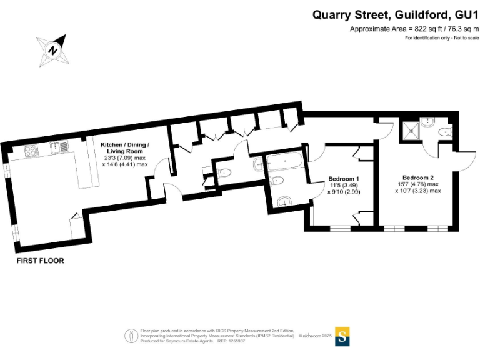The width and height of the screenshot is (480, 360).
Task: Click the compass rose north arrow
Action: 54,50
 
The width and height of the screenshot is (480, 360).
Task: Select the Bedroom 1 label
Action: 343,179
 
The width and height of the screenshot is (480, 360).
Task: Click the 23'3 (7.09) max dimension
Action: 125,157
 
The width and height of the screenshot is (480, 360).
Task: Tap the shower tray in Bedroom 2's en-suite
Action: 409,129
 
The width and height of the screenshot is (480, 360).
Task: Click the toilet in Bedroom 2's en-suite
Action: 444,132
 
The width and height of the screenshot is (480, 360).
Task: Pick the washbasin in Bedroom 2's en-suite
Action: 427,121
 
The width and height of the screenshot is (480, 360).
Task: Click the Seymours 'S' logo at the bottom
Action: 342,336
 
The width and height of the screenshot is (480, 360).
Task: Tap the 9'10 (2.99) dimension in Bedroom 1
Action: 344,192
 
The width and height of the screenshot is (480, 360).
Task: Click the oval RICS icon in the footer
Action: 131,336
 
